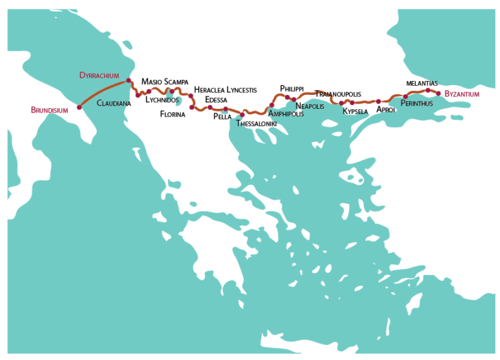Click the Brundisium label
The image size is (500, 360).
49,110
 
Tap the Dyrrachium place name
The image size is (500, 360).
99,75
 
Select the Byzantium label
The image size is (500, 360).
462,94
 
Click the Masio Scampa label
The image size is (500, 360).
165,82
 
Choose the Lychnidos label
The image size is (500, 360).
162,100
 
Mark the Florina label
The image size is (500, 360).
173,114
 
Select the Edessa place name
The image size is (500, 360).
216,100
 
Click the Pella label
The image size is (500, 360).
222,117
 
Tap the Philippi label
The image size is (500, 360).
292,88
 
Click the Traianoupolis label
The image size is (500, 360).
338,94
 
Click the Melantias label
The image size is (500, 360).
422,83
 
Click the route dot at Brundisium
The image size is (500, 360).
79,107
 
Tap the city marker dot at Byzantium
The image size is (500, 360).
438,93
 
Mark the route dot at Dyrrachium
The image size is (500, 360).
129,80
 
